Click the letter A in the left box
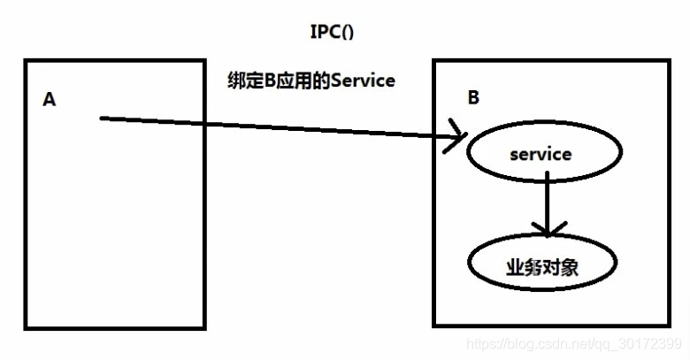[50, 100]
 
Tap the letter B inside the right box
[473, 98]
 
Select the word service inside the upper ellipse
[540, 154]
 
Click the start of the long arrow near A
[103, 117]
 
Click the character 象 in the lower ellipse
[570, 265]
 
